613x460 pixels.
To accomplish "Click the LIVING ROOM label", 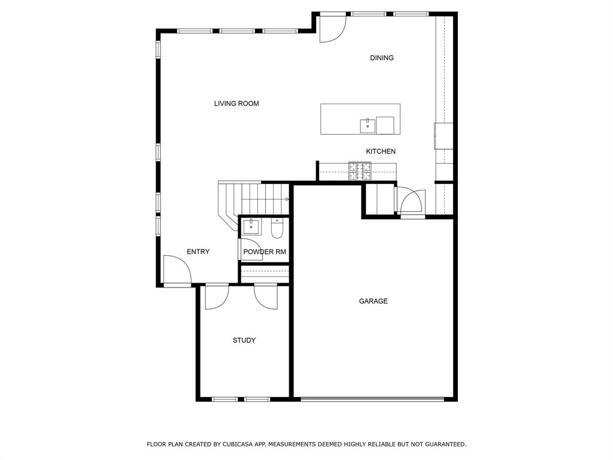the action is point(236,104).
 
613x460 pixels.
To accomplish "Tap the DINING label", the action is point(382,58).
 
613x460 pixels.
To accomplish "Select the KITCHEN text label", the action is point(381,152).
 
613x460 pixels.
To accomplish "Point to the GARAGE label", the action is point(374,301).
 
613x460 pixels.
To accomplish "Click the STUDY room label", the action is point(244,340).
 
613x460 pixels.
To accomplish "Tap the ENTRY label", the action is point(198,252).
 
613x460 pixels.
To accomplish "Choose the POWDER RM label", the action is point(265,252).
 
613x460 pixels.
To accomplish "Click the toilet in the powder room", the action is point(277,229).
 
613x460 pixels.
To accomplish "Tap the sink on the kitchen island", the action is point(368,126).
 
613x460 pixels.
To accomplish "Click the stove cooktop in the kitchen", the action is point(360,171).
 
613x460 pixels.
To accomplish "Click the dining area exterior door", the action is point(333,28).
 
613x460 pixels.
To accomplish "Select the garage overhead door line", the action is point(372,400).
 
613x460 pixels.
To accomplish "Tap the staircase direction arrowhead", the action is point(287,199).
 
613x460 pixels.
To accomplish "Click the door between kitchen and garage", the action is point(411,201).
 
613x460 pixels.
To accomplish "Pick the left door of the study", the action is point(217,297).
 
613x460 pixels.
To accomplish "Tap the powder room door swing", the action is point(248,249).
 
